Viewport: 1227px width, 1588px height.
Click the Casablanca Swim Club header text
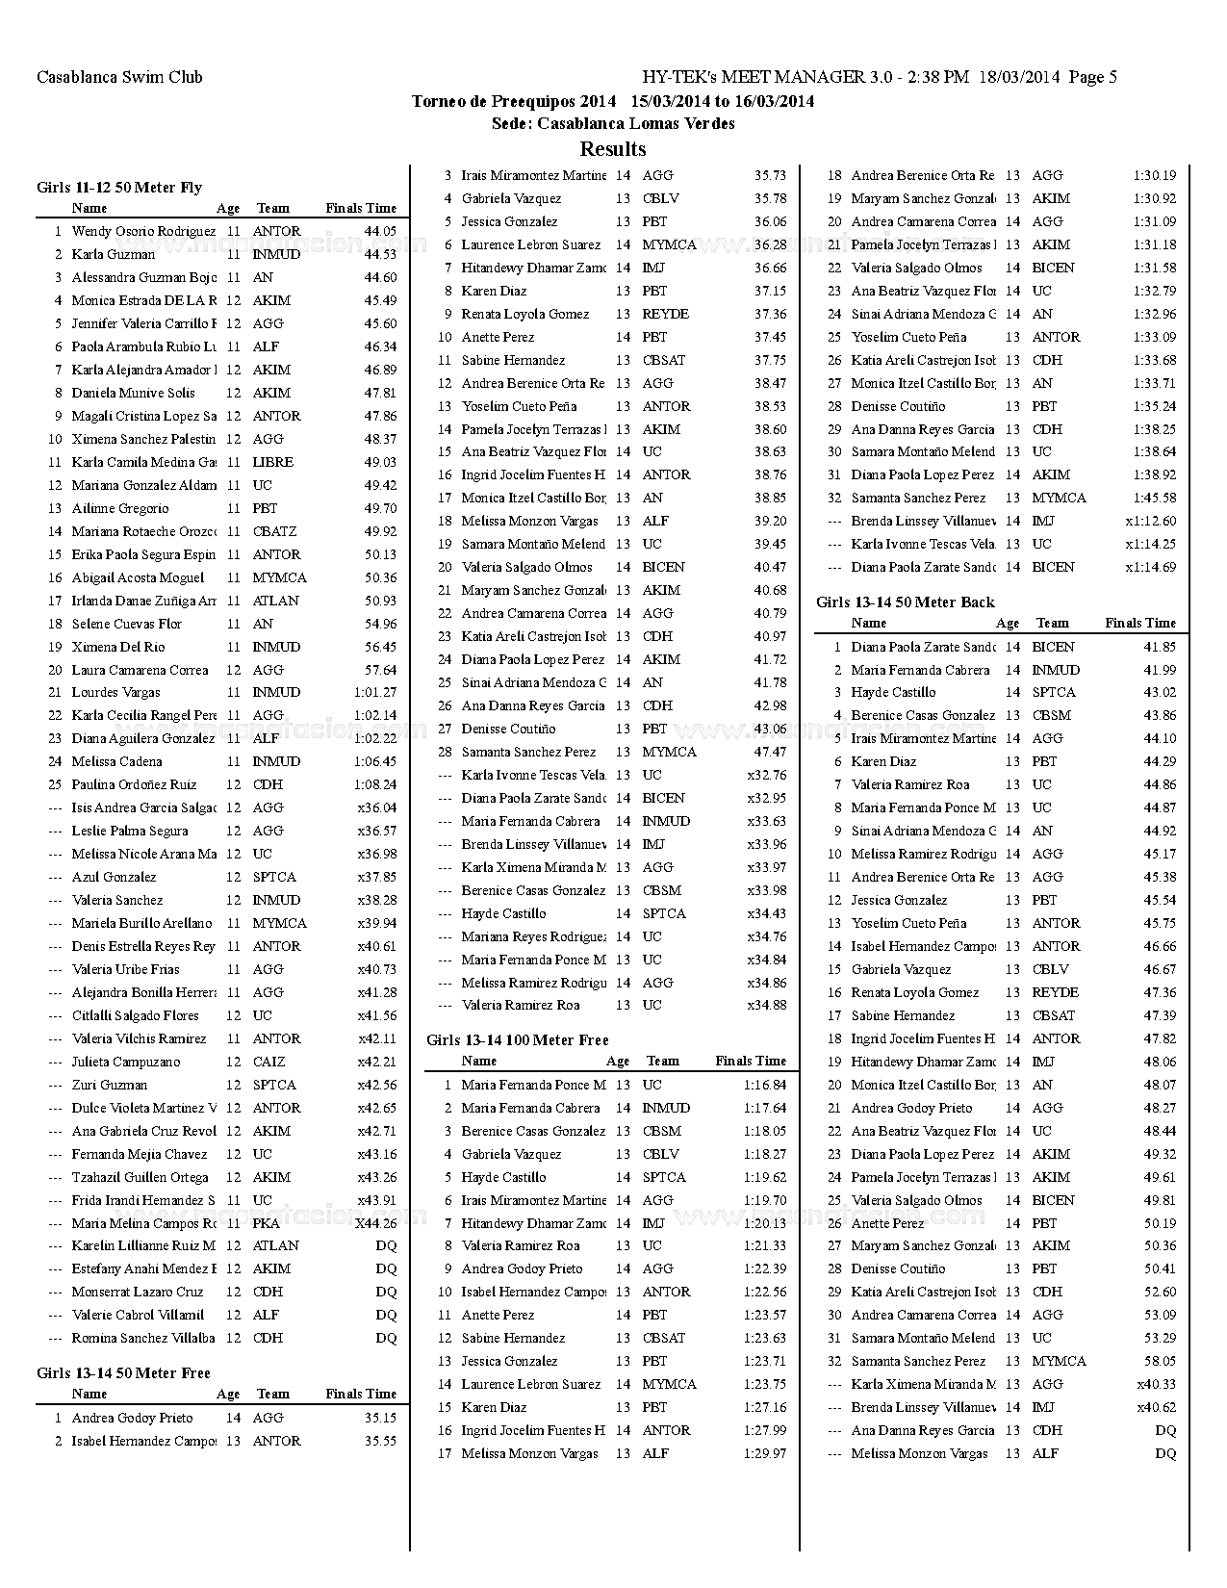[119, 78]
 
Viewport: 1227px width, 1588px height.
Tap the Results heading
[613, 149]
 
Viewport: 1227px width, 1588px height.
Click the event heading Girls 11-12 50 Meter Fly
[119, 188]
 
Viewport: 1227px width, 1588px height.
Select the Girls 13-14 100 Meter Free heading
[518, 1040]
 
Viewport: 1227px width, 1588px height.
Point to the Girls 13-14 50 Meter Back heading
[906, 602]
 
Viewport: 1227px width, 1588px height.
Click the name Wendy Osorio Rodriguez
[143, 232]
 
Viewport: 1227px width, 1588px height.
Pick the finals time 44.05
[380, 232]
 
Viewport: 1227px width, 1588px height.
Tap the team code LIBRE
[273, 462]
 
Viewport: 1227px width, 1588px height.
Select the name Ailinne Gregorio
[120, 508]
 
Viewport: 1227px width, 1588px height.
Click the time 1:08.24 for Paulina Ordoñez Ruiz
[375, 784]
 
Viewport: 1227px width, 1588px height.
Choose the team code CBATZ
[275, 531]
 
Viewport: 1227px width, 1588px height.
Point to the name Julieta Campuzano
[126, 1062]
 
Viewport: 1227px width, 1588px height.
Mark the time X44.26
[376, 1223]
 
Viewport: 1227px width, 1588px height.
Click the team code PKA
[267, 1223]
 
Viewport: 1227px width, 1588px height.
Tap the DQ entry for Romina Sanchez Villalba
[386, 1338]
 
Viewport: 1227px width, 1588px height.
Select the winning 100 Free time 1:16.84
[765, 1085]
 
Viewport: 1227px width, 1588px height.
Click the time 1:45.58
[1155, 498]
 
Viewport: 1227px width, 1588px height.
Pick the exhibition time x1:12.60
[1151, 521]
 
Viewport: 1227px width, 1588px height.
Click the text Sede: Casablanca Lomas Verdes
[613, 124]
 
